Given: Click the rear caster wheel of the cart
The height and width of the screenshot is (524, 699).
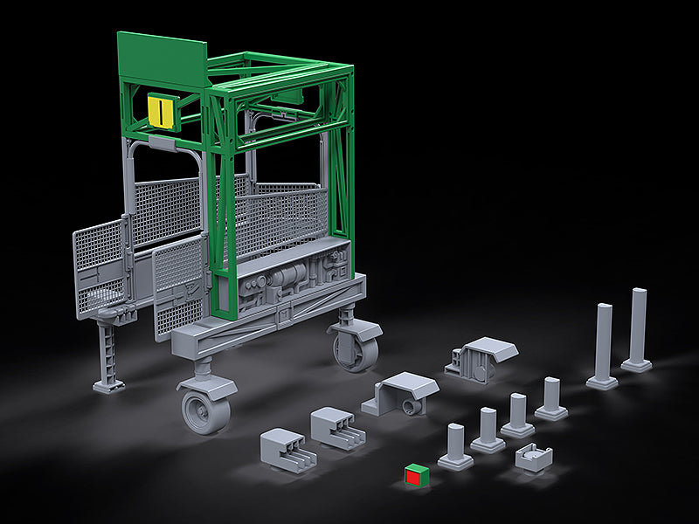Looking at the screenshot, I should click(x=356, y=345).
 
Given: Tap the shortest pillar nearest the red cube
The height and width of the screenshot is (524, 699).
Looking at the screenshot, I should click(x=455, y=446).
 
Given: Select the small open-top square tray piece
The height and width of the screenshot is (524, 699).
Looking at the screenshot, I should click(x=534, y=456).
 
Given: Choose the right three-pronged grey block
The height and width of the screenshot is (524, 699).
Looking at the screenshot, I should click(x=334, y=427).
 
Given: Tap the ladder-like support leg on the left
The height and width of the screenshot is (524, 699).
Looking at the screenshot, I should click(x=109, y=354).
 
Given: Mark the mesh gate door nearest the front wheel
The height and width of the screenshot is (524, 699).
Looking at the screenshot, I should click(x=180, y=284).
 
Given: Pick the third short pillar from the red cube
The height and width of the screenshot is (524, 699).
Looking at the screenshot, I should click(x=518, y=416).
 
